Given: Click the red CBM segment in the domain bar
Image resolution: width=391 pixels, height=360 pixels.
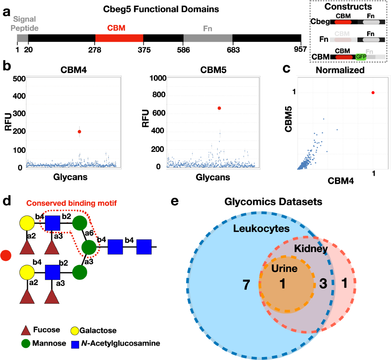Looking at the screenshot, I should [x=119, y=38].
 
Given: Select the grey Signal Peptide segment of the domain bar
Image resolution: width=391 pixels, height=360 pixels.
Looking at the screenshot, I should [x=22, y=38].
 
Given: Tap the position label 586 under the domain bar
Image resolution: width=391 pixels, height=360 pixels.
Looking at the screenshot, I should [x=183, y=50].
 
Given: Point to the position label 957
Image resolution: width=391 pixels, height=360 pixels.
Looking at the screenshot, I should [x=300, y=49].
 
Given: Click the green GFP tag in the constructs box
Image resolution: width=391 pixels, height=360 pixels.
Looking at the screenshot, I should [x=361, y=57].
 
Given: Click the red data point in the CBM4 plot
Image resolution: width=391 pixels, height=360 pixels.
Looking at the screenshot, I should [x=79, y=132].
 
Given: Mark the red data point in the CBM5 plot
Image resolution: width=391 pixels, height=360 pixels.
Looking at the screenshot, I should [x=219, y=108].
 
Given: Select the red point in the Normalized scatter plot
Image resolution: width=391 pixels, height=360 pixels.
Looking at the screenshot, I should [x=373, y=93].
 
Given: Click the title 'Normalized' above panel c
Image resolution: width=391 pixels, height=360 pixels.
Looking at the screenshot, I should [x=340, y=70].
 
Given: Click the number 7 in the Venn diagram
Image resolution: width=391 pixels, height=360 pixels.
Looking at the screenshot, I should [x=246, y=285].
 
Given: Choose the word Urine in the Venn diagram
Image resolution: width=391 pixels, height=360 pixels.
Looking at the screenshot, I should [x=284, y=268].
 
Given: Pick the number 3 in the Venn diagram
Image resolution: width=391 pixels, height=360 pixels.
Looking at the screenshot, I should [x=323, y=284].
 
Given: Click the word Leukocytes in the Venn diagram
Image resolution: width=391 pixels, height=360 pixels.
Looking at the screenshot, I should [x=261, y=229].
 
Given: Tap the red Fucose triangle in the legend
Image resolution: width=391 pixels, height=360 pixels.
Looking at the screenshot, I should [x=26, y=331].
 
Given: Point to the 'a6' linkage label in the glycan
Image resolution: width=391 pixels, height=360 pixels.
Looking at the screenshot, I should [x=89, y=233].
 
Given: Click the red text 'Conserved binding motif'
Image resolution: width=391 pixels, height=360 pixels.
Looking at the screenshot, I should [x=71, y=203].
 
